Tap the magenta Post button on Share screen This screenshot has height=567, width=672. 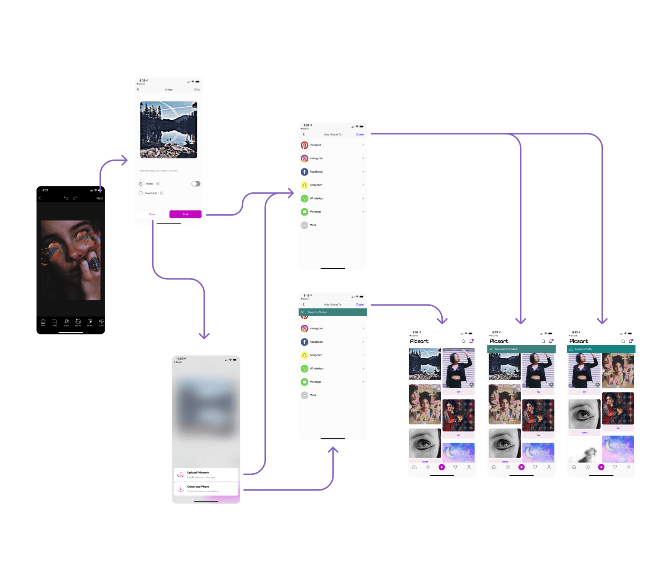point(185,214)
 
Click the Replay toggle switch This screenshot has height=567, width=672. point(196,184)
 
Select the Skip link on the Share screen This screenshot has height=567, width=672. point(197,89)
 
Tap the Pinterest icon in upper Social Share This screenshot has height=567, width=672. point(304,145)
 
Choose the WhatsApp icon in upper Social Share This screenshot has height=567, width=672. point(304,198)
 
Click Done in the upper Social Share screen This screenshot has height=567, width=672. point(360,134)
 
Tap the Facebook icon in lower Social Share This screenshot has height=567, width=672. point(304,342)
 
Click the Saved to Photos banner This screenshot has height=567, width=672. point(332,312)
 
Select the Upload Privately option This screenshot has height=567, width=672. point(206,475)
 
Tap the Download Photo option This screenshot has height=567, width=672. point(206,488)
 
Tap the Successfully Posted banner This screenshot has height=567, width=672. point(521,349)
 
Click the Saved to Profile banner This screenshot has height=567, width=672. point(601,349)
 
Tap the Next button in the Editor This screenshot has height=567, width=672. point(100,198)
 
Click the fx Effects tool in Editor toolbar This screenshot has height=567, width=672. point(66,322)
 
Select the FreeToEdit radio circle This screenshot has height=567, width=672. point(141,193)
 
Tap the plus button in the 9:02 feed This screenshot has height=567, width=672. point(441,467)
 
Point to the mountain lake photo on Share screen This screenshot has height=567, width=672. point(168,130)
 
